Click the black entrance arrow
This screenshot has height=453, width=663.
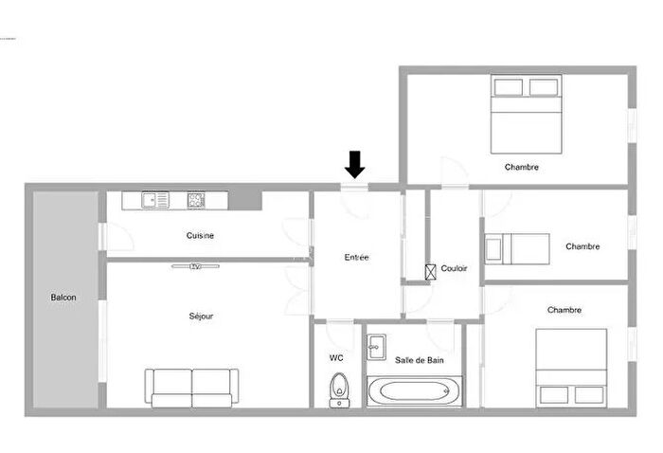click(x=354, y=165)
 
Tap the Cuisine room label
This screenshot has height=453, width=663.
click(x=200, y=236)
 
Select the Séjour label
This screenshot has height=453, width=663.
click(x=201, y=316)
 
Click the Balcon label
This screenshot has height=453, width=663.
click(x=63, y=298)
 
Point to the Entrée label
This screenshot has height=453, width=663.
click(x=357, y=257)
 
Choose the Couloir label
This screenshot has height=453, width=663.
click(x=455, y=269)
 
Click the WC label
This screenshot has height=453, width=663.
click(x=336, y=358)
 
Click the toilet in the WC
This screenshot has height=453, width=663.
click(x=338, y=390)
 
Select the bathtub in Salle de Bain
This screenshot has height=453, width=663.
click(x=414, y=391)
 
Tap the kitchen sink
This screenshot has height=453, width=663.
click(x=155, y=200)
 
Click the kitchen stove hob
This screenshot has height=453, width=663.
click(x=196, y=200)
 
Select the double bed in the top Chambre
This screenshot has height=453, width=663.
click(x=527, y=115)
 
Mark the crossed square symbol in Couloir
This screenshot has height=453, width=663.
click(x=432, y=270)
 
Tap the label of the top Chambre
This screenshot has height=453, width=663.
click(x=522, y=168)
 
